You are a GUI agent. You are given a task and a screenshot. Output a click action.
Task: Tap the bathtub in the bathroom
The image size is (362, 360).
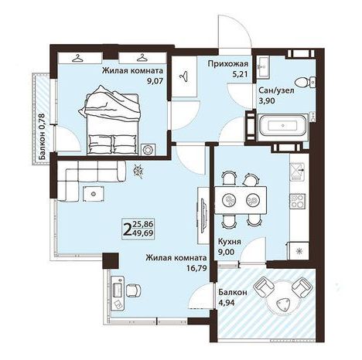283,126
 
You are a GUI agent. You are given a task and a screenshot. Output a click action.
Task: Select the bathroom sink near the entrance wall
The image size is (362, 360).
263,66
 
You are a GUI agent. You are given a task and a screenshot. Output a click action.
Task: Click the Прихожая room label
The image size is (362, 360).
228,63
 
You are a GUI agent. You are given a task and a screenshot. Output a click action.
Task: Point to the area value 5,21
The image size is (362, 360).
240,74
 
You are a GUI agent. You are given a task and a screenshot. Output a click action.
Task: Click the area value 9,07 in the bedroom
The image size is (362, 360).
155,81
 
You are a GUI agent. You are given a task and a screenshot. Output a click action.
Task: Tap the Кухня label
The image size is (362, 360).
230,242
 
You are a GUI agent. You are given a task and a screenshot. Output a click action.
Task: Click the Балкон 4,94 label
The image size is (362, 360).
233,297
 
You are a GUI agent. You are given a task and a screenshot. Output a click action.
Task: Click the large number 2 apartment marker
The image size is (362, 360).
128,229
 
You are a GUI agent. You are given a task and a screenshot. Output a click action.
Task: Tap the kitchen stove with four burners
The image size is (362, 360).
298,201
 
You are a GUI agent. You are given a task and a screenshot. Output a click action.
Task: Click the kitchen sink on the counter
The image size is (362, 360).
298,172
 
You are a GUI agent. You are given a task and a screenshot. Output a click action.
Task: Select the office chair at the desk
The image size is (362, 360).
134,290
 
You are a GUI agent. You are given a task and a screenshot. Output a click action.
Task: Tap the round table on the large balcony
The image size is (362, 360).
283,299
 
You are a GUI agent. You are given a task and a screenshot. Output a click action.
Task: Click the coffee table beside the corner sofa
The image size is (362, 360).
94,194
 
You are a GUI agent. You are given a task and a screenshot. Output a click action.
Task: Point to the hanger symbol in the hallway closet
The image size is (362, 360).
183,76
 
